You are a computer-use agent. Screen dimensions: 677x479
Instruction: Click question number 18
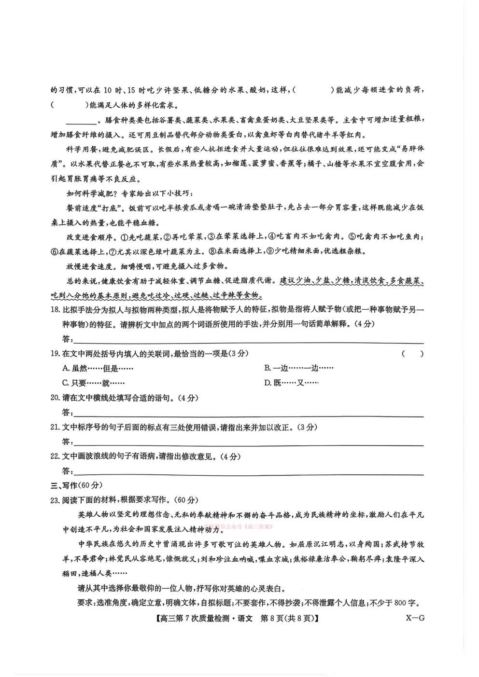point(56,309)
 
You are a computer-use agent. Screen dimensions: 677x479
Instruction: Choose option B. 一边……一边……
point(298,368)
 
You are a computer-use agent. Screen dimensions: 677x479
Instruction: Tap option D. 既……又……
point(291,383)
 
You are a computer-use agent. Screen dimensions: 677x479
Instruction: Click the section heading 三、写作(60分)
point(76,485)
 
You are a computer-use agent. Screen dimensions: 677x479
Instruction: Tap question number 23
point(56,500)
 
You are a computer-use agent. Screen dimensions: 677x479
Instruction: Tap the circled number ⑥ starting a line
point(54,251)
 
